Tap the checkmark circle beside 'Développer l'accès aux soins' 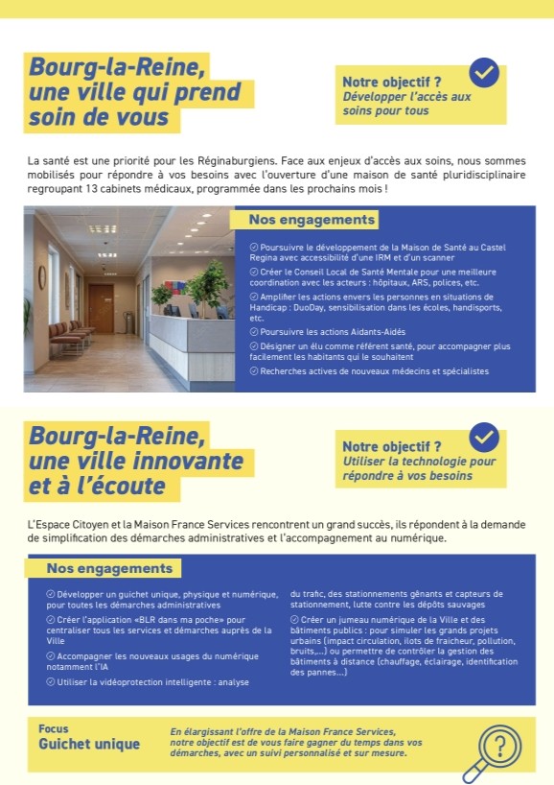point(484,73)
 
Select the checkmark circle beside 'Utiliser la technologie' point(484,438)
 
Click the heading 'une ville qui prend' point(134,93)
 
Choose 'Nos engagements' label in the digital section point(110,568)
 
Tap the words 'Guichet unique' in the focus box point(89,744)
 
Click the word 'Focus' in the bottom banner point(54,728)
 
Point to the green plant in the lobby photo point(208,278)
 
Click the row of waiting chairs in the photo point(73,336)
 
